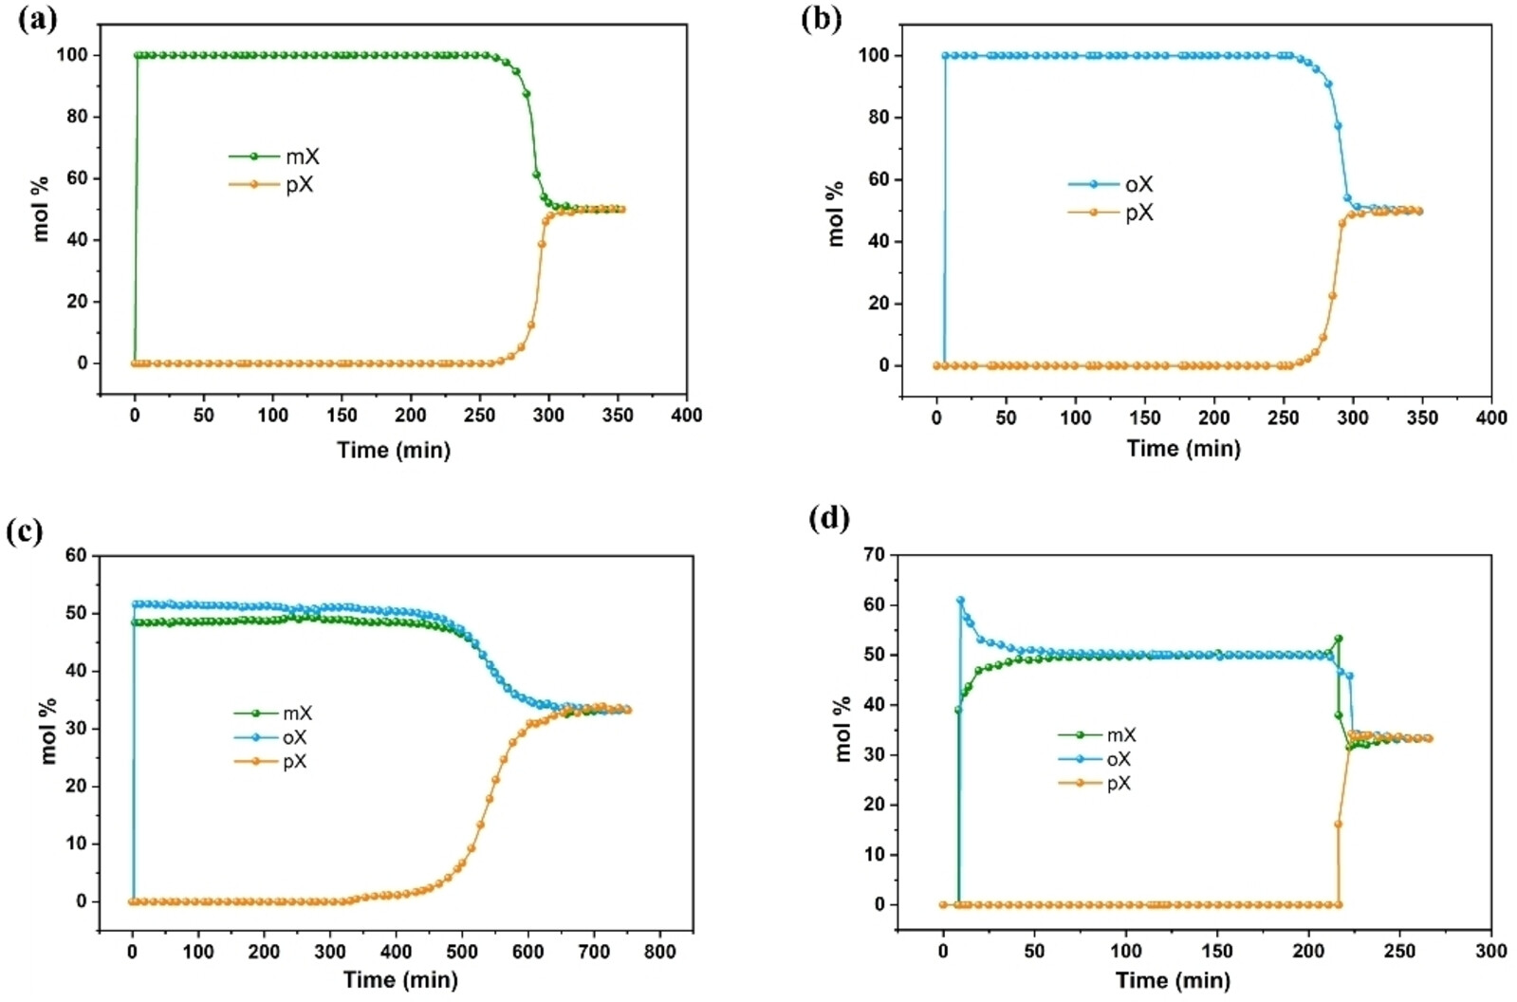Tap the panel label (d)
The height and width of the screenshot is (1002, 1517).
pyautogui.click(x=828, y=518)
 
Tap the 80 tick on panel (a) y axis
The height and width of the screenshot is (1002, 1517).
pyautogui.click(x=77, y=117)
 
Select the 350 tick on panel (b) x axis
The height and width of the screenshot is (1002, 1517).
pyautogui.click(x=1422, y=417)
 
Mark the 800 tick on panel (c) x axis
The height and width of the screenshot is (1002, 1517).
pyautogui.click(x=660, y=951)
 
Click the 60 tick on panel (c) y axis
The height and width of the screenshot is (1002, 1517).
pyautogui.click(x=77, y=555)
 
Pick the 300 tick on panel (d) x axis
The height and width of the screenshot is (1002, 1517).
pyautogui.click(x=1491, y=951)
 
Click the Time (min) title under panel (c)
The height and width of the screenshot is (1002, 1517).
pyautogui.click(x=400, y=979)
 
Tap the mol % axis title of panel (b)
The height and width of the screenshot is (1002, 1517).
pyautogui.click(x=836, y=213)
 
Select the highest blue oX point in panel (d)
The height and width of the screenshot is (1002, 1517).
pyautogui.click(x=960, y=600)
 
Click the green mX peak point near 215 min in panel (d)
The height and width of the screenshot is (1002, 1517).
pyautogui.click(x=1339, y=639)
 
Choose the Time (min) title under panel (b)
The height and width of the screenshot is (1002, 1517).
pyautogui.click(x=1183, y=449)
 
